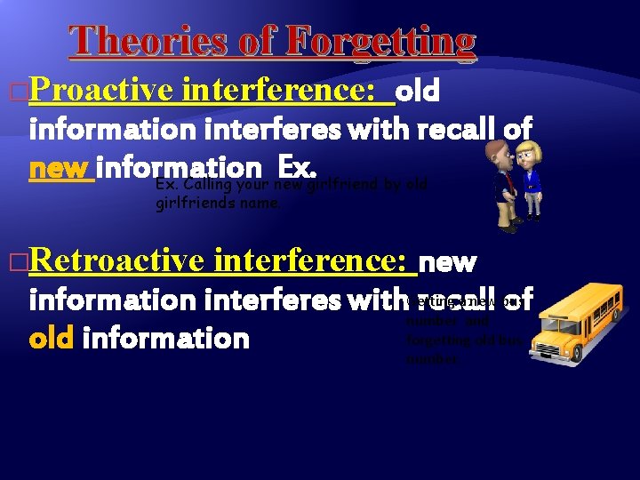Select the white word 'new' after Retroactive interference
click(x=447, y=263)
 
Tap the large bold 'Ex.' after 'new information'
click(x=299, y=166)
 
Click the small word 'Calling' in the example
click(x=210, y=185)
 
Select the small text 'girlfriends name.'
click(x=218, y=203)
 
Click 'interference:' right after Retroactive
click(x=314, y=262)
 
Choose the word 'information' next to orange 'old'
click(x=165, y=338)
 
